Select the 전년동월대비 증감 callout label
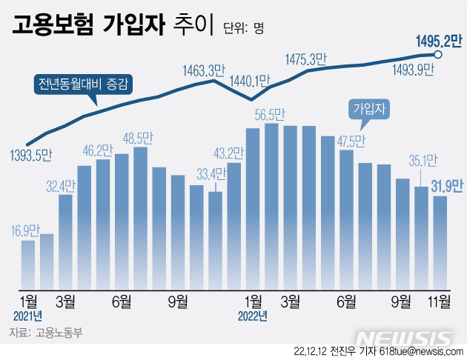pos(84,83)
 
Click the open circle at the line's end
pos(438,54)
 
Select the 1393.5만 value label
pos(32,156)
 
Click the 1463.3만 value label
pos(204,71)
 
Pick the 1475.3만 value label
pos(307,59)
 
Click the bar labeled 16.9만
pos(28,264)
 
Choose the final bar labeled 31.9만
pos(440,242)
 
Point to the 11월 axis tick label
pos(440,300)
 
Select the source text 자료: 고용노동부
pos(46,333)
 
